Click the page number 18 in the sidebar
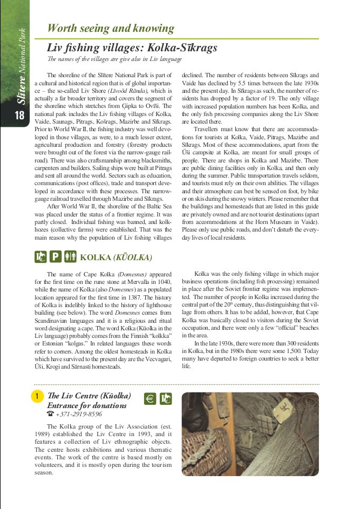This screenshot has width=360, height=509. point(19,116)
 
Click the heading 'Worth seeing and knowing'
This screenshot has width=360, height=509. point(111,29)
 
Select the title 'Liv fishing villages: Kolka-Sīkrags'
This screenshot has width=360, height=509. point(132,48)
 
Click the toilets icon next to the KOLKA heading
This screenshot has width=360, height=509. point(71,257)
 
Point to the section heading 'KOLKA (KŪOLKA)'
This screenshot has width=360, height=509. point(116,257)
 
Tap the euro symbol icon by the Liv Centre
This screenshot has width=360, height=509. point(151,399)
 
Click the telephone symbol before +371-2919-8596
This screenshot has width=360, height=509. point(50,414)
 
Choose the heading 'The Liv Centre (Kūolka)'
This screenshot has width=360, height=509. point(89,396)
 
